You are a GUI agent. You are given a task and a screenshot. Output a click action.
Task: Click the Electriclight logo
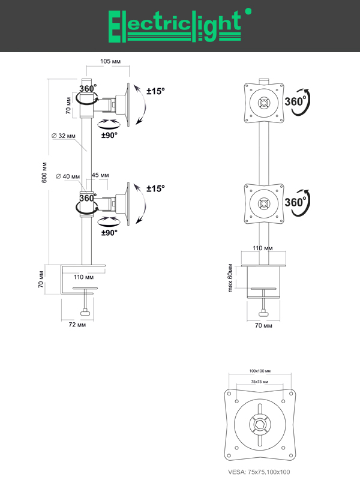(x=175, y=26)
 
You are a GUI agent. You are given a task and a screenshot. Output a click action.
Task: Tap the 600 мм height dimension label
(x=44, y=173)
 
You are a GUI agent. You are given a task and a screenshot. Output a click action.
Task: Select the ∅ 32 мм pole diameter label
(x=64, y=136)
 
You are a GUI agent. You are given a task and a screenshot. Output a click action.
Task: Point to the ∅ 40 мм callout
(x=67, y=176)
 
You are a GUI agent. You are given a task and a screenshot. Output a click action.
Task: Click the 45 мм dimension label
(x=100, y=175)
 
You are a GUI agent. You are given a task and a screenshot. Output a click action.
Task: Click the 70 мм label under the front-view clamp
(x=263, y=325)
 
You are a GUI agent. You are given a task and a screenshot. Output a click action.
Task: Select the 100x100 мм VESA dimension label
(x=260, y=371)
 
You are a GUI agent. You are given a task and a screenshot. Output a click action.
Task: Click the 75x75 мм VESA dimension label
(x=260, y=382)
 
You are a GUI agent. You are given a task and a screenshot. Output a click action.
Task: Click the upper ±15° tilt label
(x=156, y=91)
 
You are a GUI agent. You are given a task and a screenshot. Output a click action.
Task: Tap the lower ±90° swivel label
(x=109, y=232)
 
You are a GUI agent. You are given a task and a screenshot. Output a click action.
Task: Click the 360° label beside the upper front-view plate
(x=296, y=101)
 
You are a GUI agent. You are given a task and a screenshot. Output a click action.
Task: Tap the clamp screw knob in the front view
(x=263, y=311)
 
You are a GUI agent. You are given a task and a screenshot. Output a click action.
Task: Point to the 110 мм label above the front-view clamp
(x=263, y=247)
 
